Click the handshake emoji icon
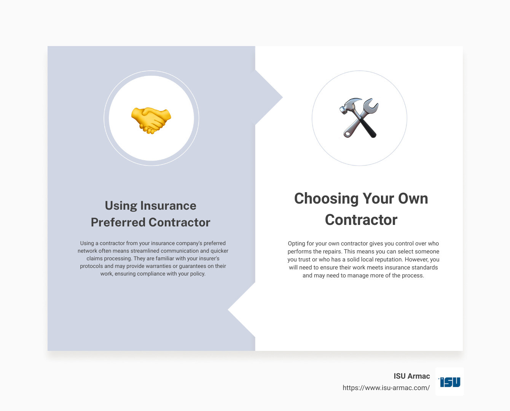151,119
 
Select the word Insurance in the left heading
168,205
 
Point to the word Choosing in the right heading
326,199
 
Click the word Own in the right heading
413,199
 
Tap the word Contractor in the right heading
361,220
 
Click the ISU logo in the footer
449,382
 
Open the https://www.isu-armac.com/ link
386,388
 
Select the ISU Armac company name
412,376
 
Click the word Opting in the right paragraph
296,244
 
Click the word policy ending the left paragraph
198,274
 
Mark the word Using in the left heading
121,205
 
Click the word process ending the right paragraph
413,276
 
